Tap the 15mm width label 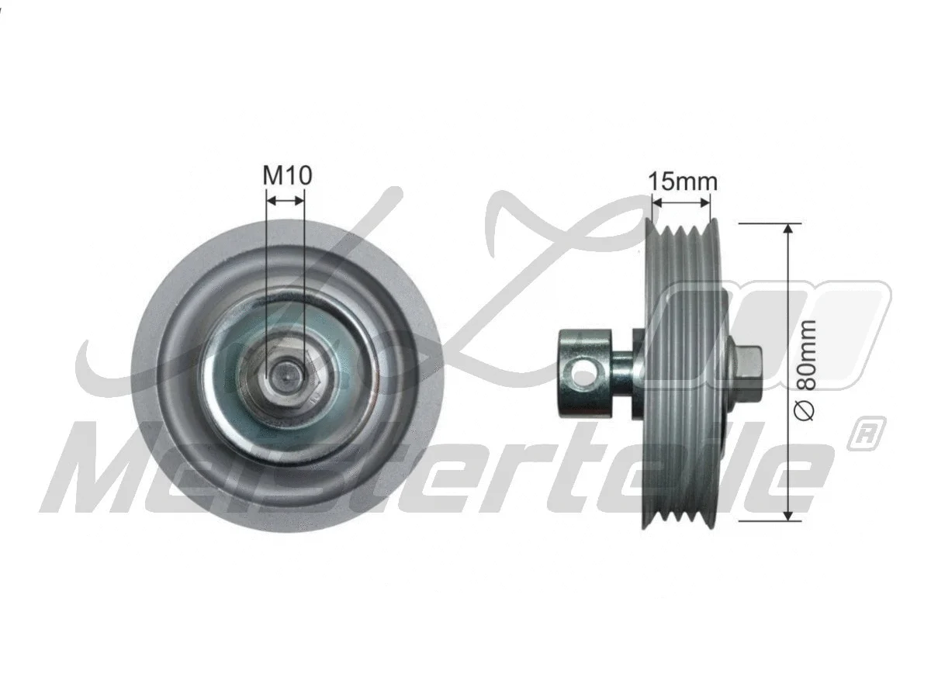(683, 182)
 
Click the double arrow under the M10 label (286, 200)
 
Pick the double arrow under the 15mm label (681, 203)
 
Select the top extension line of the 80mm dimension (768, 223)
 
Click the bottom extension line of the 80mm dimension (768, 520)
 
